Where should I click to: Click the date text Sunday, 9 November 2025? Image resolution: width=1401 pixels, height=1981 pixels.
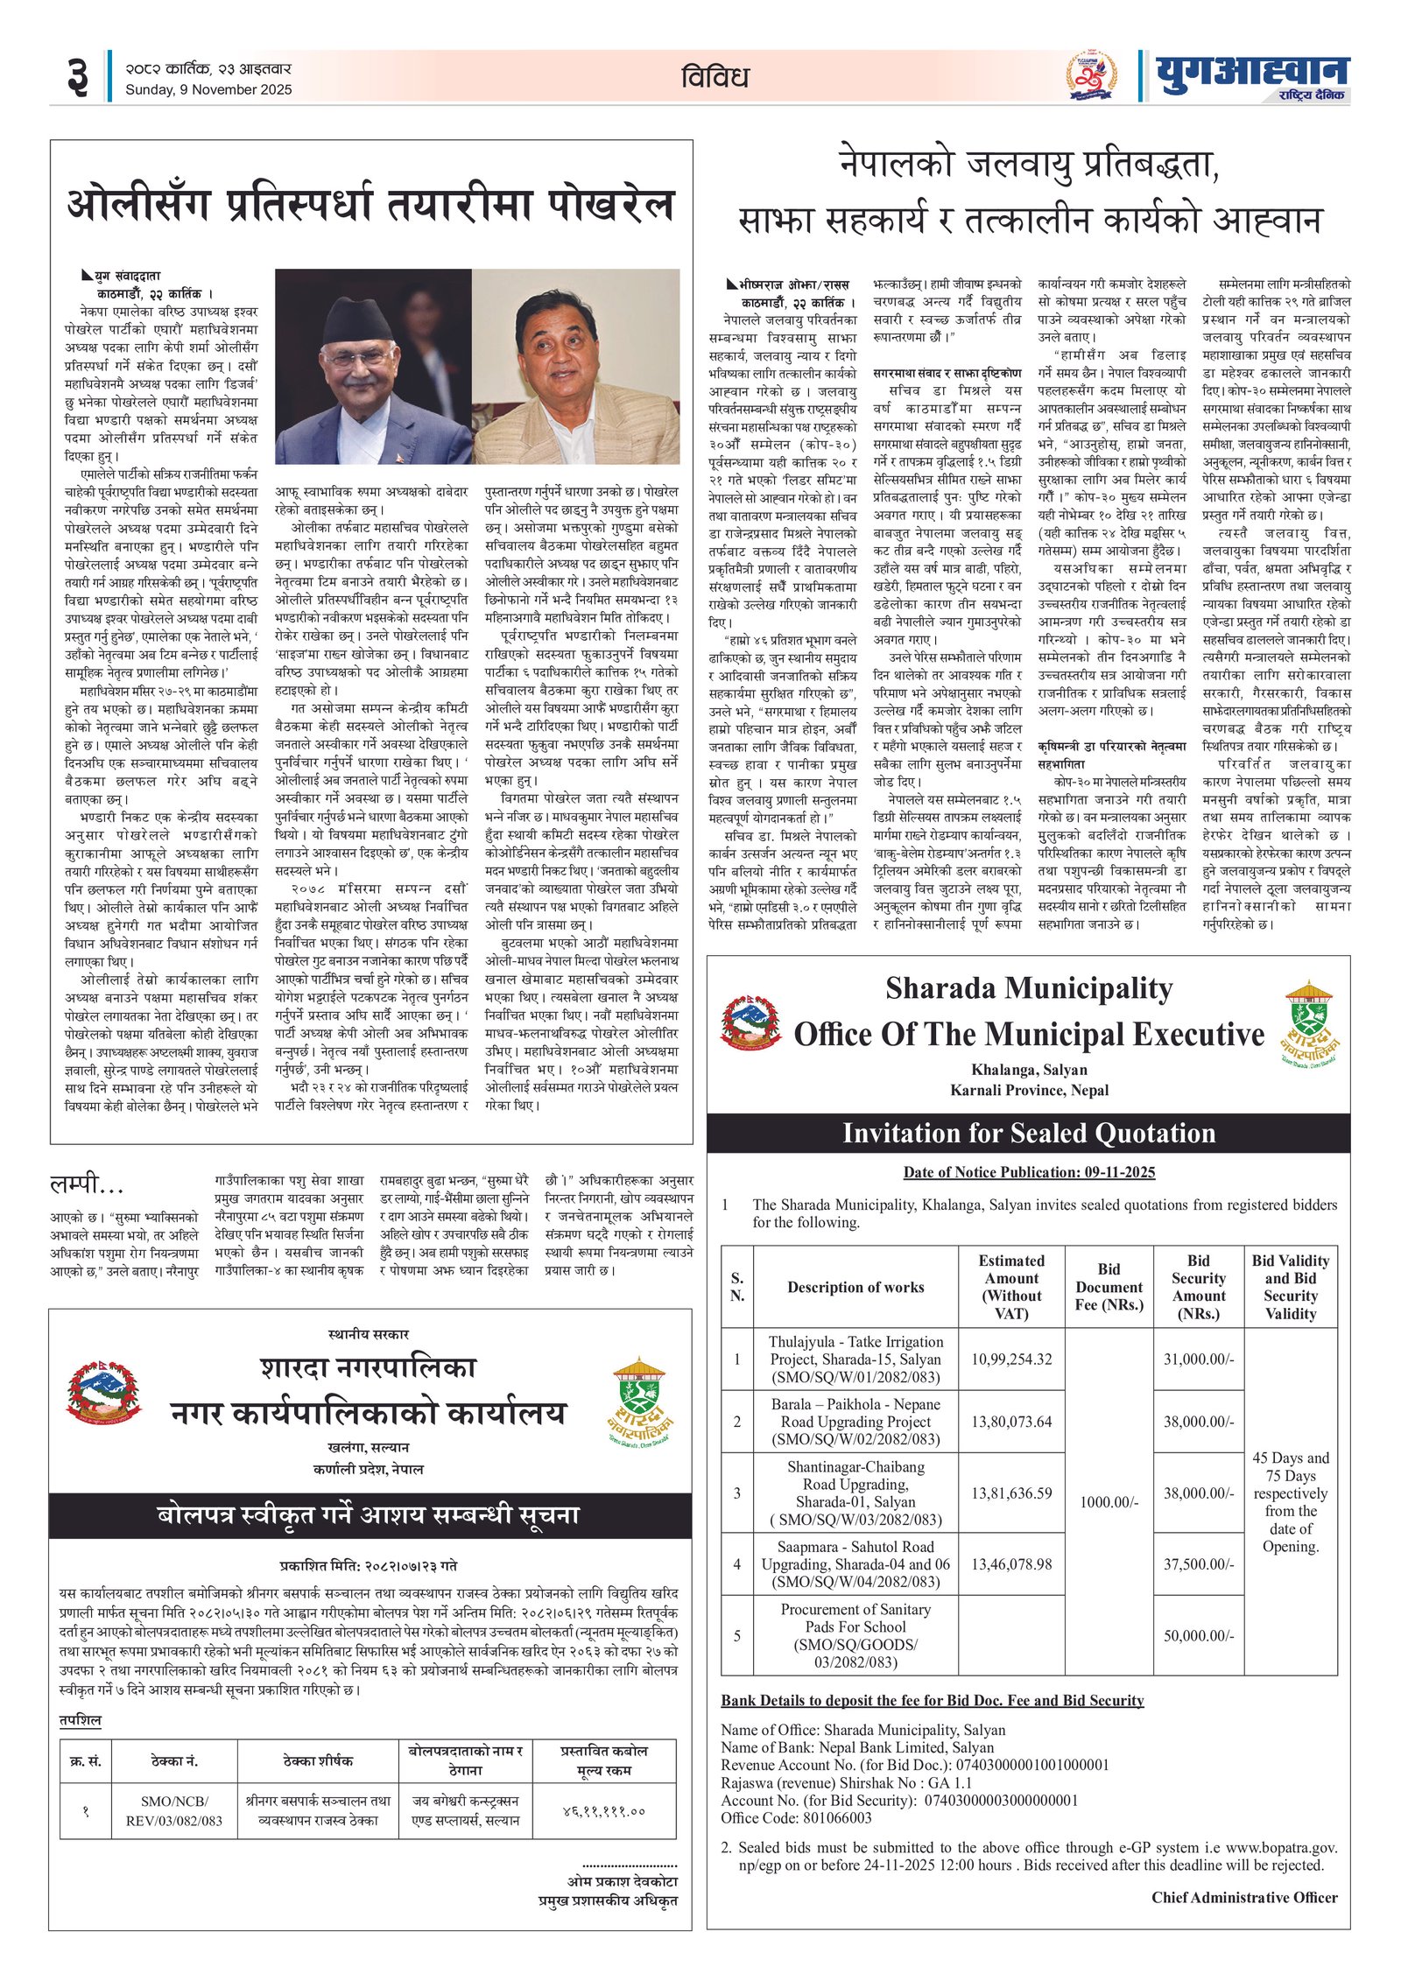point(208,90)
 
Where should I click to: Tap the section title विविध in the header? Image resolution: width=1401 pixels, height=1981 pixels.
point(715,78)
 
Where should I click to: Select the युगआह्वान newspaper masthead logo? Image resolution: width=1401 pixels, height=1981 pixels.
point(1251,75)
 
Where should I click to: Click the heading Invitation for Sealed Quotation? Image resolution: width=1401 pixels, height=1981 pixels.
point(1028,1133)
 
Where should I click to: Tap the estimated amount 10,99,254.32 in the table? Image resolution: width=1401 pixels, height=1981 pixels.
point(1011,1359)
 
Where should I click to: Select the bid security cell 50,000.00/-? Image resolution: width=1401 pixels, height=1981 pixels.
point(1198,1635)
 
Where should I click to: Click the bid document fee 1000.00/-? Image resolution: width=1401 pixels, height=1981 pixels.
point(1109,1502)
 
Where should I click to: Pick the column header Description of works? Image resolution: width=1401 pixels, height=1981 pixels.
point(855,1287)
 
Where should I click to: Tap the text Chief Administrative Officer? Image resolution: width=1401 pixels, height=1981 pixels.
point(1243,1898)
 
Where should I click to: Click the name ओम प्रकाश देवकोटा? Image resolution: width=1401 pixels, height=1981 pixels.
point(622,1881)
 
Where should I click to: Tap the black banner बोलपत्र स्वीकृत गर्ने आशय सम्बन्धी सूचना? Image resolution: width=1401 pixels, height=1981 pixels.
point(368,1515)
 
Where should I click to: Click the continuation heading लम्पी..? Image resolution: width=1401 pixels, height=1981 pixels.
point(87,1185)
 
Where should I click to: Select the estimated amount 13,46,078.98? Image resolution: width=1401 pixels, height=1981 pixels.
point(1011,1563)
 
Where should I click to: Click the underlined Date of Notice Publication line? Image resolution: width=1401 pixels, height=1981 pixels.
point(1029,1172)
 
